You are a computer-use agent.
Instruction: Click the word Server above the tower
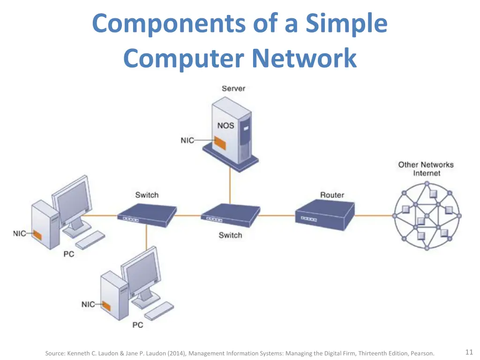(233, 89)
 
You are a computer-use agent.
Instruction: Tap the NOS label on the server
(225, 126)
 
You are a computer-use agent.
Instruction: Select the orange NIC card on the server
(220, 143)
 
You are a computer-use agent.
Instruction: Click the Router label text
(332, 195)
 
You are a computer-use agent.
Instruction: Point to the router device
(325, 215)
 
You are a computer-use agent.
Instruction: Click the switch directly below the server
(231, 215)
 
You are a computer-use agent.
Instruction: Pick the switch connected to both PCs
(147, 215)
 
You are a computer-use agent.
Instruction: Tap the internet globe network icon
(427, 216)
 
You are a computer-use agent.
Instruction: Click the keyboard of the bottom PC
(159, 311)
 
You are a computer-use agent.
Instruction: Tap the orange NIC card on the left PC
(37, 235)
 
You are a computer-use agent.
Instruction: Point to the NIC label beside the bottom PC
(88, 304)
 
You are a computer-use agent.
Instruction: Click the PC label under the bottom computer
(138, 325)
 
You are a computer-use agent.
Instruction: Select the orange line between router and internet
(374, 216)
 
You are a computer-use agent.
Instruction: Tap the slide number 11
(469, 352)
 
